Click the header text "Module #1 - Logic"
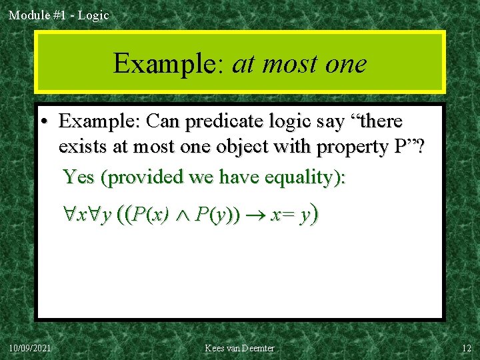point(59,15)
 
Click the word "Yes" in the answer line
point(79,177)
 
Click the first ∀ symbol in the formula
point(69,216)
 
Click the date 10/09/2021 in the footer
point(31,348)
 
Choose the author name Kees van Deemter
point(239,348)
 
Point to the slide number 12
point(466,348)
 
